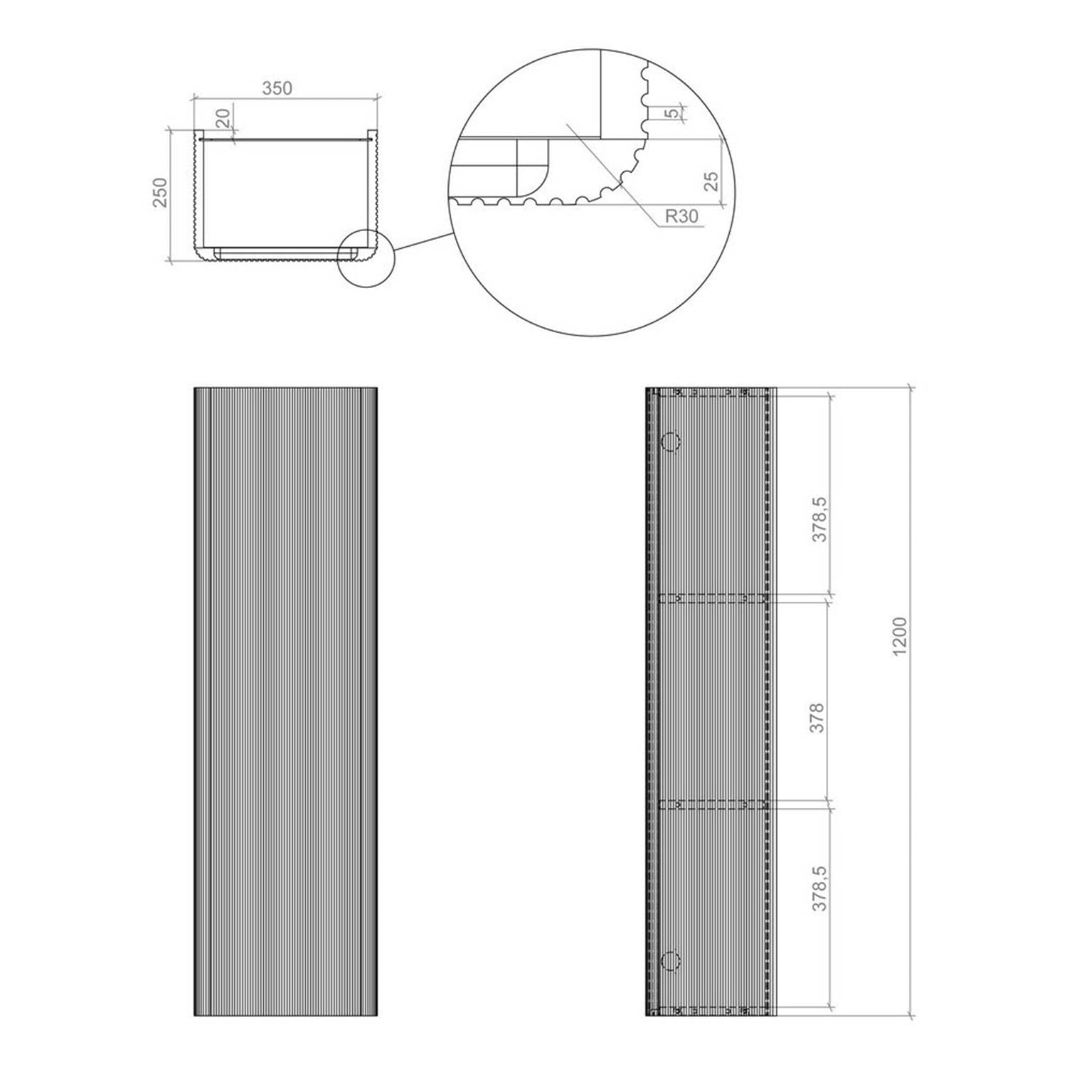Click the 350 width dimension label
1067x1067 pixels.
tap(277, 89)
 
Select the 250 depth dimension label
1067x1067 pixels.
tap(160, 193)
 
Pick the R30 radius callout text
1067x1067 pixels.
tap(682, 217)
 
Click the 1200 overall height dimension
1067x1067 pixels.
tap(900, 637)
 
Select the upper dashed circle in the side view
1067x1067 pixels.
tap(671, 442)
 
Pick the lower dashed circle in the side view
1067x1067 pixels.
tap(671, 961)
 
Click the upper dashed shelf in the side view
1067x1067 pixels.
tap(711, 598)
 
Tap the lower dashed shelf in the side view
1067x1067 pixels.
tap(711, 804)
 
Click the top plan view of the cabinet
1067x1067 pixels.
tap(285, 196)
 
